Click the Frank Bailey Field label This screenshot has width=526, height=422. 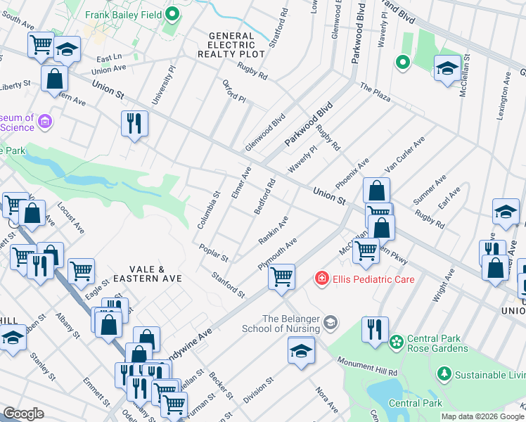(x=124, y=14)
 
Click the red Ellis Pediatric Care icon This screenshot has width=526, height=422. (x=322, y=279)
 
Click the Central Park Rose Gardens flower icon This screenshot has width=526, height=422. (x=397, y=342)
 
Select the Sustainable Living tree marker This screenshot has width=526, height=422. (x=444, y=372)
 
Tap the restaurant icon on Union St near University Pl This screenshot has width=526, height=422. (x=134, y=124)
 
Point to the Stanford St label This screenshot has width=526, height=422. (x=228, y=283)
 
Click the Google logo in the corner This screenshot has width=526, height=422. (x=24, y=414)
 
